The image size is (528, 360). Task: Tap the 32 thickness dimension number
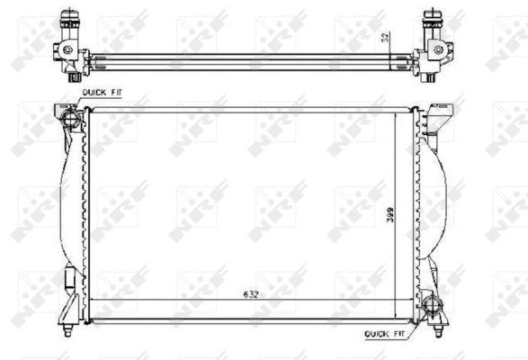[x=384, y=38]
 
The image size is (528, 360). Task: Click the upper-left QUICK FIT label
[x=100, y=92]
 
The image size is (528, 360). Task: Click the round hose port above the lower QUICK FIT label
[x=436, y=305]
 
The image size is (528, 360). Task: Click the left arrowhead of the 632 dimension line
[x=95, y=300]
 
